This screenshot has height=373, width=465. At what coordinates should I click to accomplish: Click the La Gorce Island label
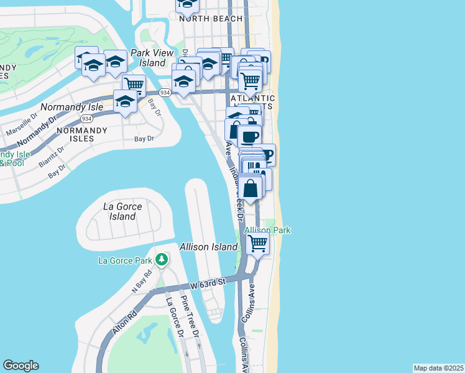pos(122,211)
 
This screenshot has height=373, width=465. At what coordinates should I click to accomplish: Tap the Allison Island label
pos(208,247)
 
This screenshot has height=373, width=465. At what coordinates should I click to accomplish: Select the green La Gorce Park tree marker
pos(162,259)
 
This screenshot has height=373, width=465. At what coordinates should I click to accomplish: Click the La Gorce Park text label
pos(125,260)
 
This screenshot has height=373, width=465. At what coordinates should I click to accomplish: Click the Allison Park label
pos(267,230)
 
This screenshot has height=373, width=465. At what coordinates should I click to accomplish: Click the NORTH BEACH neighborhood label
pos(211,19)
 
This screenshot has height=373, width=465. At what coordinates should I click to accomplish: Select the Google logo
pos(21,366)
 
